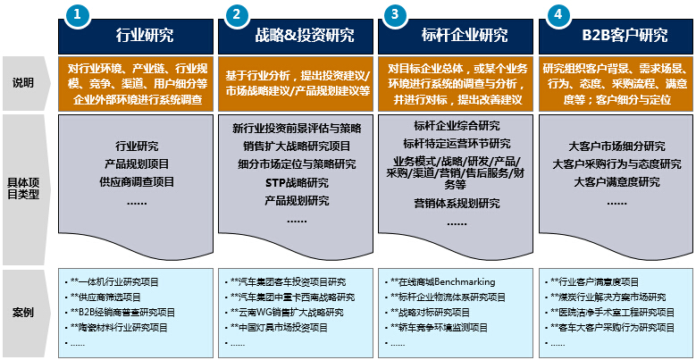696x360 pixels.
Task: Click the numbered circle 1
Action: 78,14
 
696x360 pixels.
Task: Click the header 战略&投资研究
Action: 305,35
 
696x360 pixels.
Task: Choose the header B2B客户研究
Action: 625,35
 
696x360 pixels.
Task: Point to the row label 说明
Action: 22,83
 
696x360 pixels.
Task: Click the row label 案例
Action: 22,313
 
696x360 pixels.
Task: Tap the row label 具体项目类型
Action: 23,188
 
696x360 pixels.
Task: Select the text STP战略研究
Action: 297,182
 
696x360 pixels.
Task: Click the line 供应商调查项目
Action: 137,181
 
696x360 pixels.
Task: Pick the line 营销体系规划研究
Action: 457,204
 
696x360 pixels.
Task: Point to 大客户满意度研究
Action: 616,182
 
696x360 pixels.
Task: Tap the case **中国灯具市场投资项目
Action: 279,328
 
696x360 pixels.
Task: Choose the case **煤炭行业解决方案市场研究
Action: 608,297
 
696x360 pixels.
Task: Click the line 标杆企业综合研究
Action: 457,126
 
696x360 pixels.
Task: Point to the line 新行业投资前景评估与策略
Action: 297,129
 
